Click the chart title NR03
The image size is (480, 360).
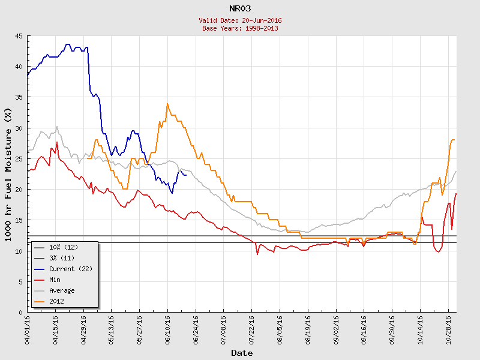point(240,8)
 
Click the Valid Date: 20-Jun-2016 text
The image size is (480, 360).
point(240,20)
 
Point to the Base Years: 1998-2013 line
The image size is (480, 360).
point(240,28)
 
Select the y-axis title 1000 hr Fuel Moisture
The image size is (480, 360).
point(8,174)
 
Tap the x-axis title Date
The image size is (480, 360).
point(242,353)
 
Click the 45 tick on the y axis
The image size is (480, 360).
point(19,37)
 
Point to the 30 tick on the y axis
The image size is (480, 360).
point(19,128)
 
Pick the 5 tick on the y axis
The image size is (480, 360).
point(21,281)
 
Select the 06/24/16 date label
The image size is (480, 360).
point(196,329)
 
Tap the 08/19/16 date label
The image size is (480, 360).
point(308,329)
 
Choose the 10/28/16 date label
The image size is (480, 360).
point(448,329)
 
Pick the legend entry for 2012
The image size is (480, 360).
point(56,301)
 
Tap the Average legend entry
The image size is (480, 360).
point(62,290)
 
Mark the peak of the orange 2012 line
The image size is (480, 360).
point(167,104)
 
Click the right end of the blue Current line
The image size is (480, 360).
point(186,175)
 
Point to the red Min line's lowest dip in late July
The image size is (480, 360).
point(257,254)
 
